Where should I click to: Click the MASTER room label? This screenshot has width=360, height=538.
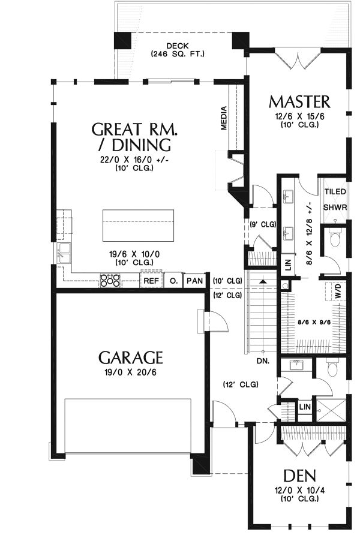click(299, 102)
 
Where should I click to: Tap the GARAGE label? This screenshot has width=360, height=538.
click(130, 357)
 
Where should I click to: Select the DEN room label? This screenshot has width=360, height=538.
click(299, 476)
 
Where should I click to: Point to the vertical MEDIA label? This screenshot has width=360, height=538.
click(224, 118)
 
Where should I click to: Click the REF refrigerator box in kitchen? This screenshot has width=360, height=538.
click(151, 281)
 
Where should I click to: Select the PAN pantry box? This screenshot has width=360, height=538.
click(195, 281)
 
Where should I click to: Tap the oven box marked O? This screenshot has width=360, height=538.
click(173, 281)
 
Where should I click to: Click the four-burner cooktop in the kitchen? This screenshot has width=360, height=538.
click(110, 280)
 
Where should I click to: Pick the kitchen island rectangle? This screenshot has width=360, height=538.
click(138, 226)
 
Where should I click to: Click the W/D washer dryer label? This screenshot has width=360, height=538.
click(338, 291)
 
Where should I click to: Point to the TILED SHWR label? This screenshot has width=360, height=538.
click(335, 199)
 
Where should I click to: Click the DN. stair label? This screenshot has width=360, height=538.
click(263, 361)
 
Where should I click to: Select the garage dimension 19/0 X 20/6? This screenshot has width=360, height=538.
click(130, 372)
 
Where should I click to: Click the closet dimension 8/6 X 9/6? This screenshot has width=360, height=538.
click(313, 323)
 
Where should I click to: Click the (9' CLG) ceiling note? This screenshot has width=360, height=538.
click(263, 225)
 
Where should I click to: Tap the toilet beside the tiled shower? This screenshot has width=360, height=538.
click(334, 237)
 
